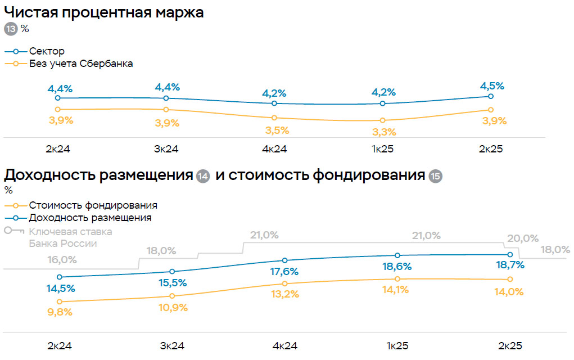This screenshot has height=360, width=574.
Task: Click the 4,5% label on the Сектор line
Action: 491,86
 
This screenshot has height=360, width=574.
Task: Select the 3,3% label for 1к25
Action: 383,132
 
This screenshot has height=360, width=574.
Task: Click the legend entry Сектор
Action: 47,51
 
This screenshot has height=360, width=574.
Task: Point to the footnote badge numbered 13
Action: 11,29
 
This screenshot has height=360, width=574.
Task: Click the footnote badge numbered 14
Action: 204,177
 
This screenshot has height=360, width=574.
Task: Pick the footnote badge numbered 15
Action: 435,177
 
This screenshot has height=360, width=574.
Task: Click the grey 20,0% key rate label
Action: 523,238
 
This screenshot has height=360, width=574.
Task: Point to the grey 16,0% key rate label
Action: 62,260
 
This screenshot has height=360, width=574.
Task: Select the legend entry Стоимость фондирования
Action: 93,205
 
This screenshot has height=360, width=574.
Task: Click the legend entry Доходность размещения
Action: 90,218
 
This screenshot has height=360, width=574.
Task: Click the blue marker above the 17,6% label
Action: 285,260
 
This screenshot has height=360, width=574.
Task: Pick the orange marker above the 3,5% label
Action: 274,118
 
